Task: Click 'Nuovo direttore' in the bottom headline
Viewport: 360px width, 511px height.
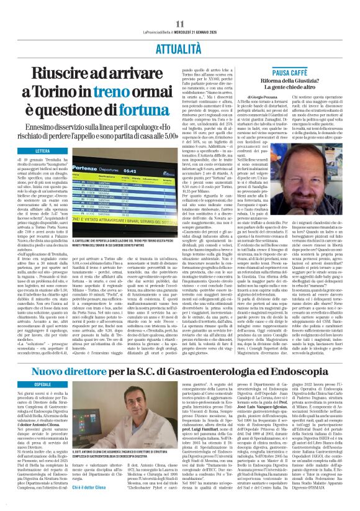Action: pyautogui.click(x=85, y=372)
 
